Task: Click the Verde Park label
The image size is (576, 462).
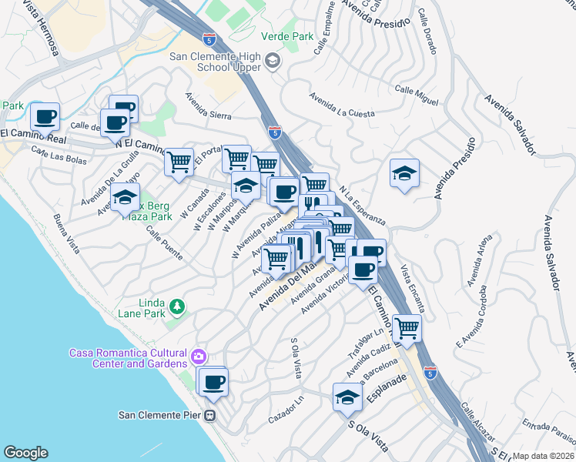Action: (287, 36)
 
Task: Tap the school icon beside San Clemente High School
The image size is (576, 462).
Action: (273, 61)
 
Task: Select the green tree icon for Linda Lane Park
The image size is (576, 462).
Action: (178, 308)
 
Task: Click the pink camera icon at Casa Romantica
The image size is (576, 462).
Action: (199, 357)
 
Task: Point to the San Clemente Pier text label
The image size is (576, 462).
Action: (160, 415)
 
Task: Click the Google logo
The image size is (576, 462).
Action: (25, 453)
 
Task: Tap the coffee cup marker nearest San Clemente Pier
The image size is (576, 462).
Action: (214, 381)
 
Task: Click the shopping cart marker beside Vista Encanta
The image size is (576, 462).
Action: (407, 327)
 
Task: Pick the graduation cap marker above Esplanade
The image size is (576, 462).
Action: (347, 397)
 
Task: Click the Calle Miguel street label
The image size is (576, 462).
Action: (417, 95)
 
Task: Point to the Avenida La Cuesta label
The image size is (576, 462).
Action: (342, 106)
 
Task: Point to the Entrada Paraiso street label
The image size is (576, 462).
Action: (548, 428)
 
